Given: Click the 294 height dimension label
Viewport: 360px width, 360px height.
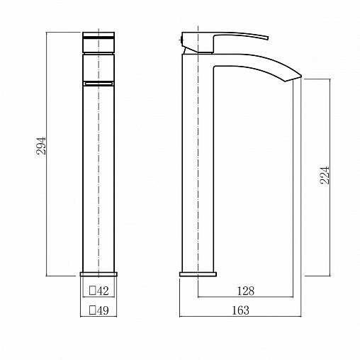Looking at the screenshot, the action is [41, 145].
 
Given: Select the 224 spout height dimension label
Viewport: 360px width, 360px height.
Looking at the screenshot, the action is [325, 175].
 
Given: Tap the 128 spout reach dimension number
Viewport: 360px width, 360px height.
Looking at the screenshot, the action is [246, 291].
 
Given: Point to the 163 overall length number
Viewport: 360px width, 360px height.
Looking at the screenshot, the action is [240, 310].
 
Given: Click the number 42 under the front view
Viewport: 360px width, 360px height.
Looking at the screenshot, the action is [103, 291].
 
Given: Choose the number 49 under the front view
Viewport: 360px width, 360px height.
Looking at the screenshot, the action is [103, 310].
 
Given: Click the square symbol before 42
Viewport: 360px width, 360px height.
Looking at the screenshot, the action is [92, 291].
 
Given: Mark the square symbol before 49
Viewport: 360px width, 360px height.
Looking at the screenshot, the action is [92, 310].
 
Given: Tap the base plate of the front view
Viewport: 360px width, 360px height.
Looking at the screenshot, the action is [99, 274].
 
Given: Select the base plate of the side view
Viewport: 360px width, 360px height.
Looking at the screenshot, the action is [198, 274].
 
